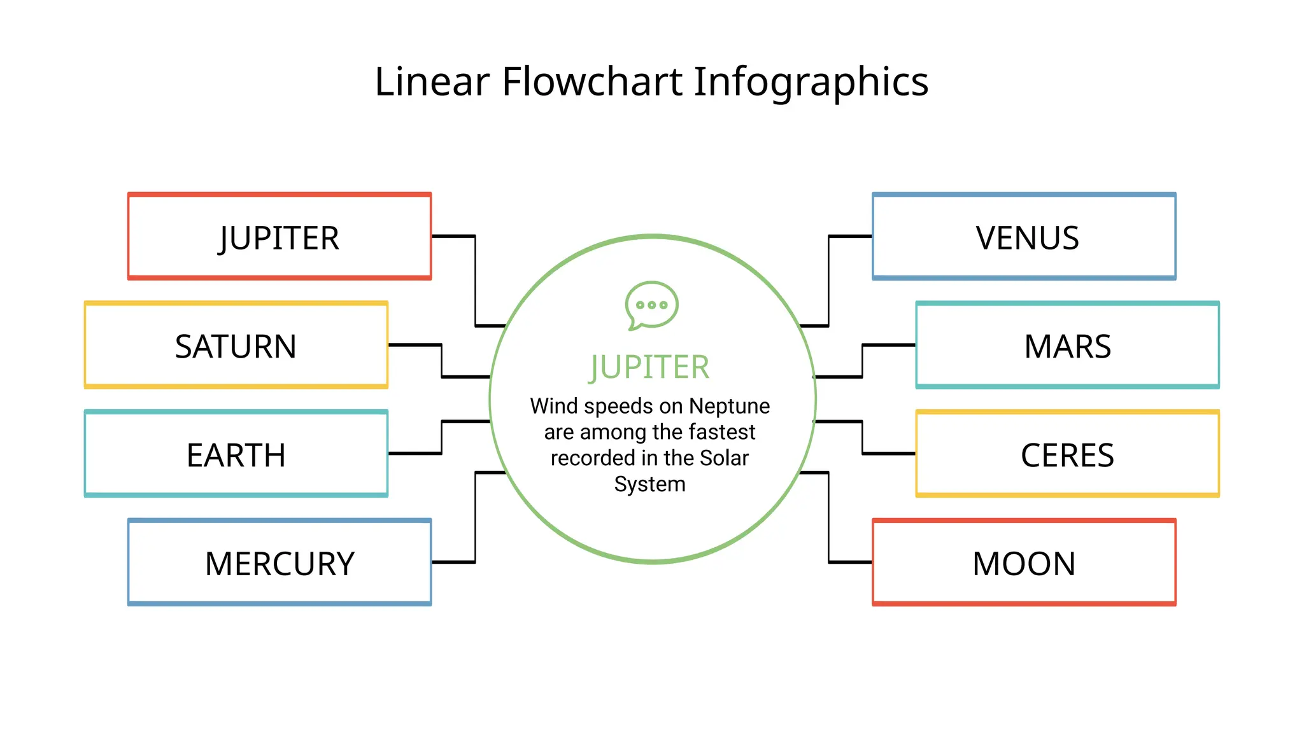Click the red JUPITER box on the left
280,237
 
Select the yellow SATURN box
236,346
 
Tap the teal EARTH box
236,454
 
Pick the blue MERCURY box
280,562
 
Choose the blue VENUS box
1024,237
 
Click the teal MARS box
1067,346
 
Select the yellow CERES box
1067,454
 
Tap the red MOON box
1024,562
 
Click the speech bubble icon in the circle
651,305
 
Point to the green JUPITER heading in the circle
649,367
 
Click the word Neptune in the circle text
729,406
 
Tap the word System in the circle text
649,484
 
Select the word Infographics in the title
811,83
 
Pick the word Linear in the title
432,81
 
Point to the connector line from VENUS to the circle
828,280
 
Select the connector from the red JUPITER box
475,280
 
